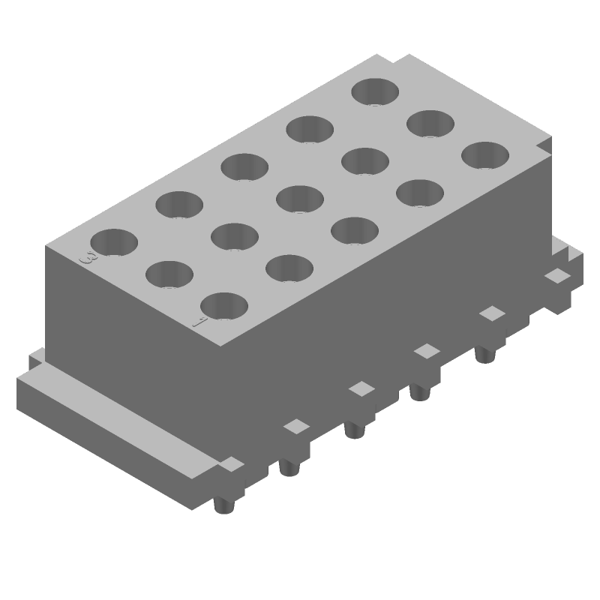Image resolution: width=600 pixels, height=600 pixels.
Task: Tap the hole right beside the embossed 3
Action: [x=115, y=242]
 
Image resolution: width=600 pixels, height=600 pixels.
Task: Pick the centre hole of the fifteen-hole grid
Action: [x=300, y=199]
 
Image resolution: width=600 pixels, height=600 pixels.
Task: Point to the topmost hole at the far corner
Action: [x=376, y=91]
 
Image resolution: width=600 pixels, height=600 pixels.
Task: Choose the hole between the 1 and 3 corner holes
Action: [x=169, y=274]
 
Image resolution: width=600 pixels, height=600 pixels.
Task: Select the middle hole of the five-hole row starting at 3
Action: [x=244, y=166]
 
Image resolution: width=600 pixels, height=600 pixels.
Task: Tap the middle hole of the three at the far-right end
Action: [x=430, y=124]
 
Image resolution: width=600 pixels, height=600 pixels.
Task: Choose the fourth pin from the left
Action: [x=418, y=391]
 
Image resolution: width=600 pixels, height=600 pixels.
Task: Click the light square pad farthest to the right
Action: [x=556, y=276]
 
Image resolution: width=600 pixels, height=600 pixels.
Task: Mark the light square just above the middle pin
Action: [x=362, y=388]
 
